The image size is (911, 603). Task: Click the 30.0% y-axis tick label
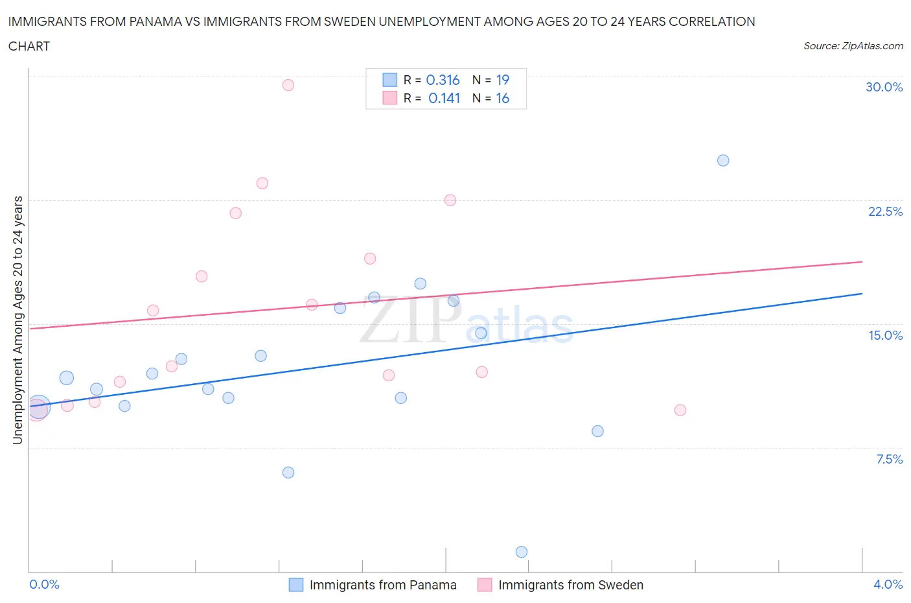[x=884, y=87]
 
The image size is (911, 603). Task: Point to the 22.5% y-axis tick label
[x=885, y=211]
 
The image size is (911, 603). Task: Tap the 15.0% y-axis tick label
[x=885, y=335]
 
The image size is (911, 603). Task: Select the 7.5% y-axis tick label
[x=889, y=459]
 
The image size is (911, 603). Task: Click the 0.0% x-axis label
[x=45, y=584]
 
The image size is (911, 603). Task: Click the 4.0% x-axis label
[x=888, y=584]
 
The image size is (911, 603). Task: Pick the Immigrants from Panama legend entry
[x=373, y=585]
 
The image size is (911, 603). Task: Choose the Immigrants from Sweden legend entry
[x=560, y=585]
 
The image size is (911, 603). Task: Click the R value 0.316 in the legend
[x=443, y=80]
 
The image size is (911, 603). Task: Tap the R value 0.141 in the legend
[x=444, y=98]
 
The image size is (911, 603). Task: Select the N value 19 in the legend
[x=503, y=80]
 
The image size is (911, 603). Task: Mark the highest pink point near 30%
[x=288, y=85]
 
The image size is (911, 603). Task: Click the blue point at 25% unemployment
[x=723, y=160]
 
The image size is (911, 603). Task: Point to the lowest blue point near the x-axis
[x=522, y=552]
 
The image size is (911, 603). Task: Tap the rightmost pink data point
[x=680, y=410]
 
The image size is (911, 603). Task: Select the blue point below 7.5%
[x=288, y=472]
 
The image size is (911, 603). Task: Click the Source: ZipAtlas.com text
[x=853, y=45]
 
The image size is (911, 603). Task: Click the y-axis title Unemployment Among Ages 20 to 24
[x=17, y=320]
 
